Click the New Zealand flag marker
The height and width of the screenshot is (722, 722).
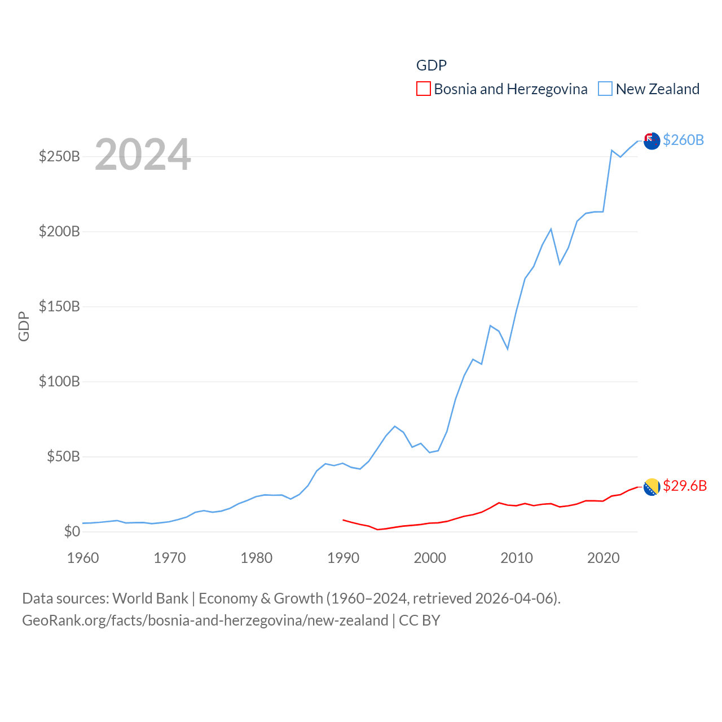(651, 141)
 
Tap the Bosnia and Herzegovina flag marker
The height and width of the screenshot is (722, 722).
(651, 487)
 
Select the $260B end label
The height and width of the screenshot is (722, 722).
(683, 140)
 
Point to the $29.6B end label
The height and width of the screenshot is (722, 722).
(685, 486)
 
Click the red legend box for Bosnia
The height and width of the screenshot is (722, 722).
(424, 89)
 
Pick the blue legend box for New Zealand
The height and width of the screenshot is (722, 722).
(605, 89)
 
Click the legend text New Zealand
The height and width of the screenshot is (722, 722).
(658, 89)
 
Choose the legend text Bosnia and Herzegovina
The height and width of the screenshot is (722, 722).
(510, 89)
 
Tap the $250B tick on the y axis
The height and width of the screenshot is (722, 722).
(59, 156)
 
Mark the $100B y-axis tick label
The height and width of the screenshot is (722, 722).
(59, 381)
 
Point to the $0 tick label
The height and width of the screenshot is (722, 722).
(72, 531)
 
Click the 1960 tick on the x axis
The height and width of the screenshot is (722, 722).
(83, 558)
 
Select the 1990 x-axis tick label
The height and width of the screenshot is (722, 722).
(343, 558)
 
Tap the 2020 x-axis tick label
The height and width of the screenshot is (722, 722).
(604, 558)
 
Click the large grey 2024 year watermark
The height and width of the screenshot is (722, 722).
(143, 154)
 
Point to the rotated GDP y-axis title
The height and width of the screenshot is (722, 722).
(24, 326)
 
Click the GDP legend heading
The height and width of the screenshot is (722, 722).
(432, 65)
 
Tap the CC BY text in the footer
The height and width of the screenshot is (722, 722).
(420, 620)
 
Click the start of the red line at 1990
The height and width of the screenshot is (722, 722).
(344, 520)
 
